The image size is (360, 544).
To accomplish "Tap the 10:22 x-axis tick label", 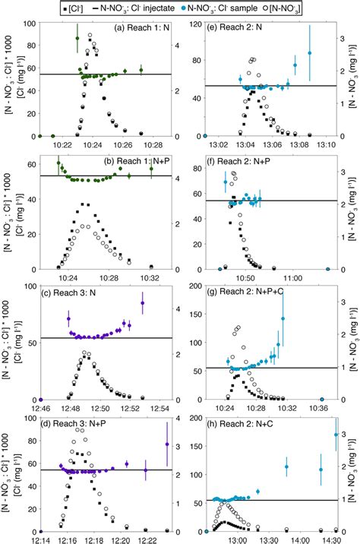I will [x=62, y=144].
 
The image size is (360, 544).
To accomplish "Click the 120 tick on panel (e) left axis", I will [x=194, y=24].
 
